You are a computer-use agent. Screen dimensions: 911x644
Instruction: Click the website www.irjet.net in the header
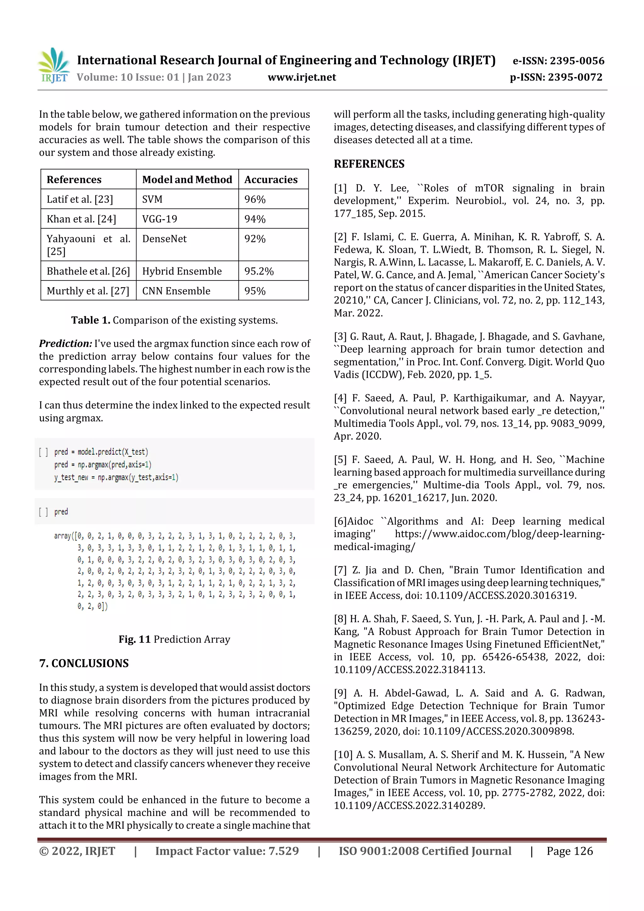[302, 77]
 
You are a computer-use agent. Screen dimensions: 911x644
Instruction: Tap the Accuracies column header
[271, 180]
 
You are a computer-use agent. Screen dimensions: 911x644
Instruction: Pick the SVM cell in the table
[153, 199]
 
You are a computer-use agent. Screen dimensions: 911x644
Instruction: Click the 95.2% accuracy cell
[259, 271]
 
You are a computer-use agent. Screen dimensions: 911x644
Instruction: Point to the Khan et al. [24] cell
[81, 219]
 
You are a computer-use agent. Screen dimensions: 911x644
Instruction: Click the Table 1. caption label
[91, 320]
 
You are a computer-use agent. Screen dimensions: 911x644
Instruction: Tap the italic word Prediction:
[65, 344]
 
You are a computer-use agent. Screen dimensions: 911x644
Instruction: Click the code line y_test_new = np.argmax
[116, 477]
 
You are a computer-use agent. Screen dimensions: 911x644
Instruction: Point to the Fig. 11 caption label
[135, 639]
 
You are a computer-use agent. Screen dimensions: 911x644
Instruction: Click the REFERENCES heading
[369, 164]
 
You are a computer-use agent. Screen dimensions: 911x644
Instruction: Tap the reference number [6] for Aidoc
[340, 521]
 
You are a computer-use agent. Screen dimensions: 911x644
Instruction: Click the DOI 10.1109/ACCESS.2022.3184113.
[409, 670]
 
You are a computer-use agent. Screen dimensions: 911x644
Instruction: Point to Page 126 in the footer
[569, 851]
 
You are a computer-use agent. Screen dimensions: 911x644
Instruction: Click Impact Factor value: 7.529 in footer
[227, 851]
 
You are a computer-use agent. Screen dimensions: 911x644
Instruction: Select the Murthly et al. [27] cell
[88, 291]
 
